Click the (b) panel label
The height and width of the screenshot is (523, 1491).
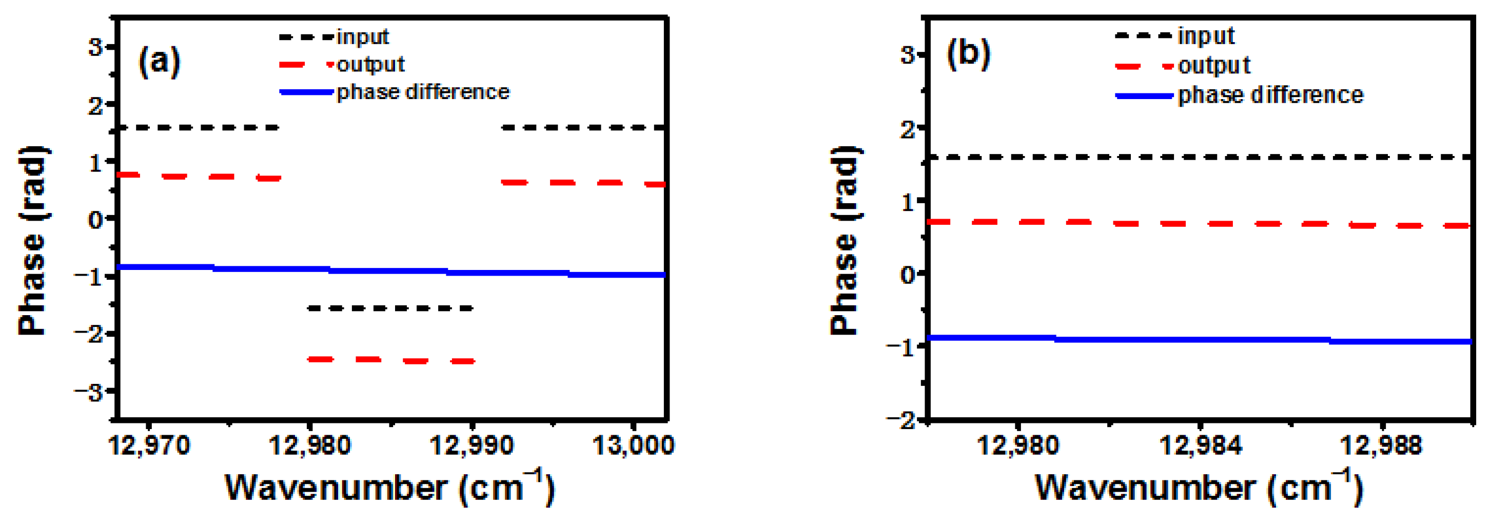(x=968, y=54)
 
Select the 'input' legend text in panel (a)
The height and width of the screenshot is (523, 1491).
(x=363, y=37)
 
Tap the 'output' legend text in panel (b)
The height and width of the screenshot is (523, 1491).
(x=1214, y=66)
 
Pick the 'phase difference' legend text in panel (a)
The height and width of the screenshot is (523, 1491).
(x=423, y=92)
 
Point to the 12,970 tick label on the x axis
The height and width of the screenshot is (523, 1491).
(x=149, y=446)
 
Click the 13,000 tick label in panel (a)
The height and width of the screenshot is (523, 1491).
(x=633, y=446)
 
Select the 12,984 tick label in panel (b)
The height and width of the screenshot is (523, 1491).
(x=1201, y=446)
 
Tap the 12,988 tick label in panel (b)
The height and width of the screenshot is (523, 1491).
(x=1381, y=446)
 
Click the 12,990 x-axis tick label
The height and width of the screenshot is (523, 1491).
(x=472, y=446)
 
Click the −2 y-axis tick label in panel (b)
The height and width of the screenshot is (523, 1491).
(x=902, y=420)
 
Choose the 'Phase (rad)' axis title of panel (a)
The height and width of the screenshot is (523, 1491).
(x=33, y=240)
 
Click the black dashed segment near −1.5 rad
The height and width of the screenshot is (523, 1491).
(x=390, y=308)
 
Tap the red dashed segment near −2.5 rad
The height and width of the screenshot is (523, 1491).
(x=390, y=360)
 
